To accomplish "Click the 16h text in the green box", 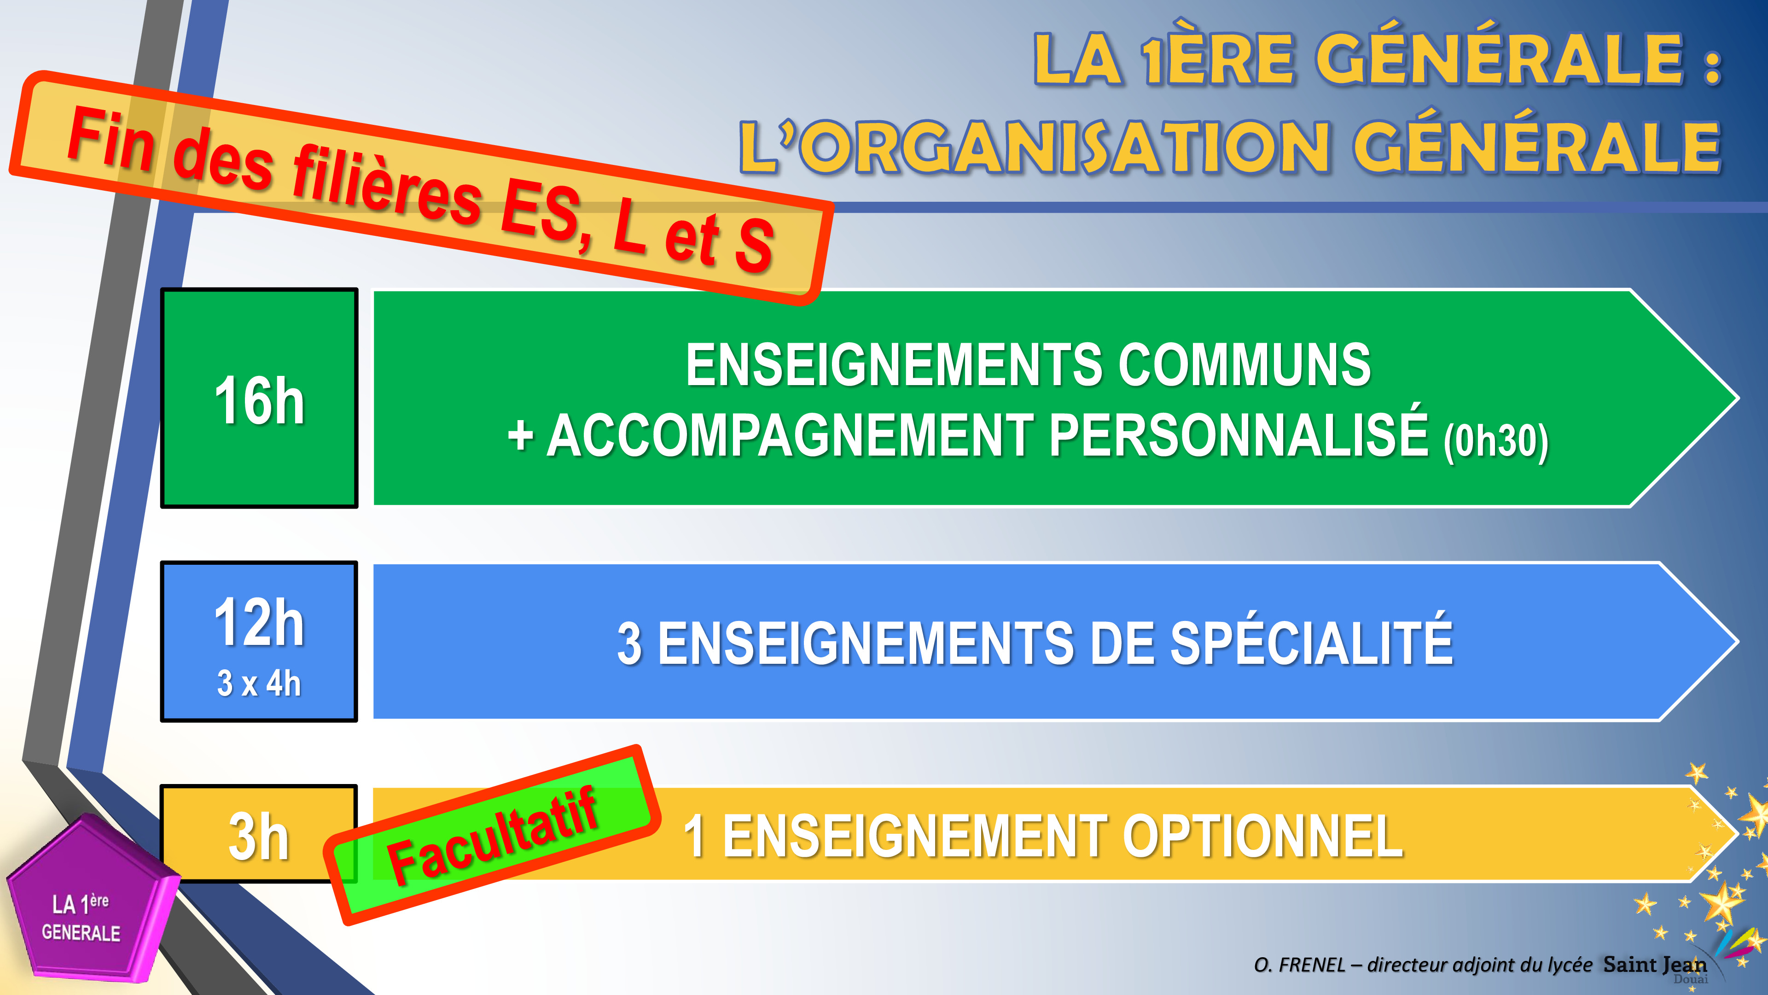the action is (x=259, y=401).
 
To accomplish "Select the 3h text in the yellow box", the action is (x=259, y=837).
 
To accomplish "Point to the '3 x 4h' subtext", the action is (x=259, y=684).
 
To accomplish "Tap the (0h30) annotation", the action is (x=1496, y=442).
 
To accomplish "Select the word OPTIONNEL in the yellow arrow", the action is (x=1263, y=837).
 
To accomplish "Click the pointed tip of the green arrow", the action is (x=1739, y=398).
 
